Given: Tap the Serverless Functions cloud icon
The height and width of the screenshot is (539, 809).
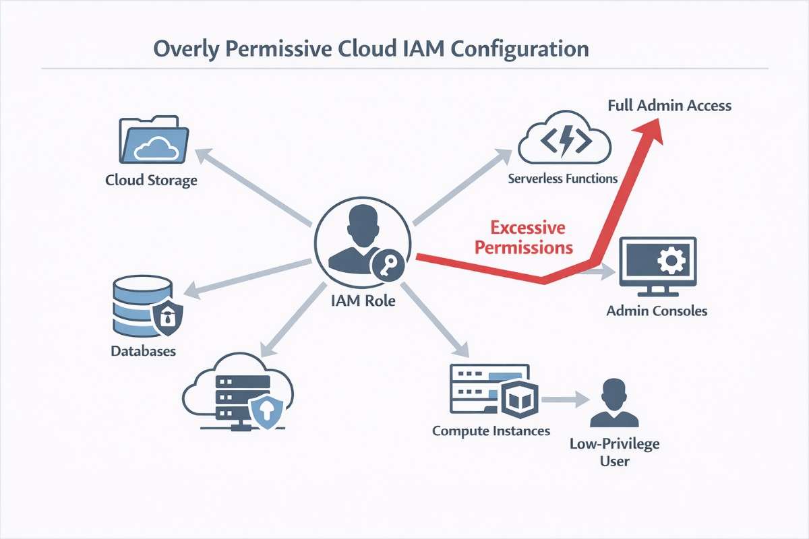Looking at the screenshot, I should click(564, 139).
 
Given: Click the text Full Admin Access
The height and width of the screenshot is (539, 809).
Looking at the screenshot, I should click(669, 106).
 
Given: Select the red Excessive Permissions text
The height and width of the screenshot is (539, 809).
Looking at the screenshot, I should click(523, 237).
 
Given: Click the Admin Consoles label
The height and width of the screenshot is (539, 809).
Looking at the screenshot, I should click(657, 311).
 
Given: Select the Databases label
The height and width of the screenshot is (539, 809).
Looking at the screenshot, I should click(143, 351).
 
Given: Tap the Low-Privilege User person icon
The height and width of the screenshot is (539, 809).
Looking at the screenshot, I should click(613, 404).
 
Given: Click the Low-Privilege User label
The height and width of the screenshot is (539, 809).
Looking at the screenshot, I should click(614, 452).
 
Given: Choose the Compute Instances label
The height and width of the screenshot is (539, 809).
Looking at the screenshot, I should click(491, 431).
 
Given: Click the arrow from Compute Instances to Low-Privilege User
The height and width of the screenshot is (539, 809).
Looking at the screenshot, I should click(564, 399).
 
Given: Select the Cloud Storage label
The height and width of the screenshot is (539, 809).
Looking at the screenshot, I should click(151, 180).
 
